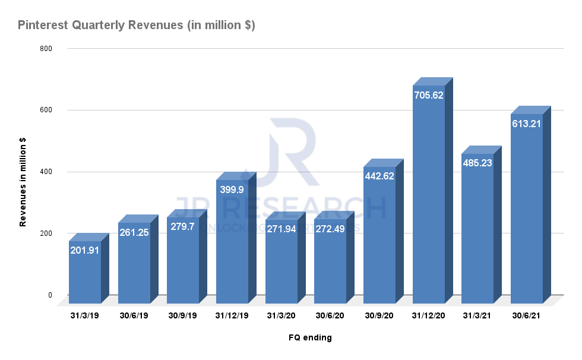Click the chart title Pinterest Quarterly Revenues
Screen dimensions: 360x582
point(137,26)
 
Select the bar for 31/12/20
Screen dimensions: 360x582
point(428,196)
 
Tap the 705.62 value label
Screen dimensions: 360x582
point(428,94)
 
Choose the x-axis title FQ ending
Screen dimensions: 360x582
point(310,338)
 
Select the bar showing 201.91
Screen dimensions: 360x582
point(85,273)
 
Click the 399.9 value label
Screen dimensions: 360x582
point(232,189)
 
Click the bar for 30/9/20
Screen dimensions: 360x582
point(379,238)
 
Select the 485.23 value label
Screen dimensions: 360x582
point(477,162)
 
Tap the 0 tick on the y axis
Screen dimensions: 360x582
point(50,295)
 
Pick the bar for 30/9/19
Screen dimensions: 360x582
point(183,261)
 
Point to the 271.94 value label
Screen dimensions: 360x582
point(281,228)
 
